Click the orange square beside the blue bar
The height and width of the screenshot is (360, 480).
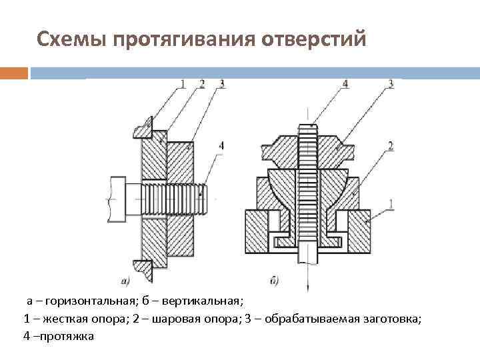14,72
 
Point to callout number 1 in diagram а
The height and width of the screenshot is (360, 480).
181,84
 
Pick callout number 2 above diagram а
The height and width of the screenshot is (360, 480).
201,84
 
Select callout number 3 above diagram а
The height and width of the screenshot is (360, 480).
221,84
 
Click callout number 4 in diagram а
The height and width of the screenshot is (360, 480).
221,145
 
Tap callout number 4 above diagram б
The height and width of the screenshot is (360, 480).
345,84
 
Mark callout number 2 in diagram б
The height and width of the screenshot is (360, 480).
390,145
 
